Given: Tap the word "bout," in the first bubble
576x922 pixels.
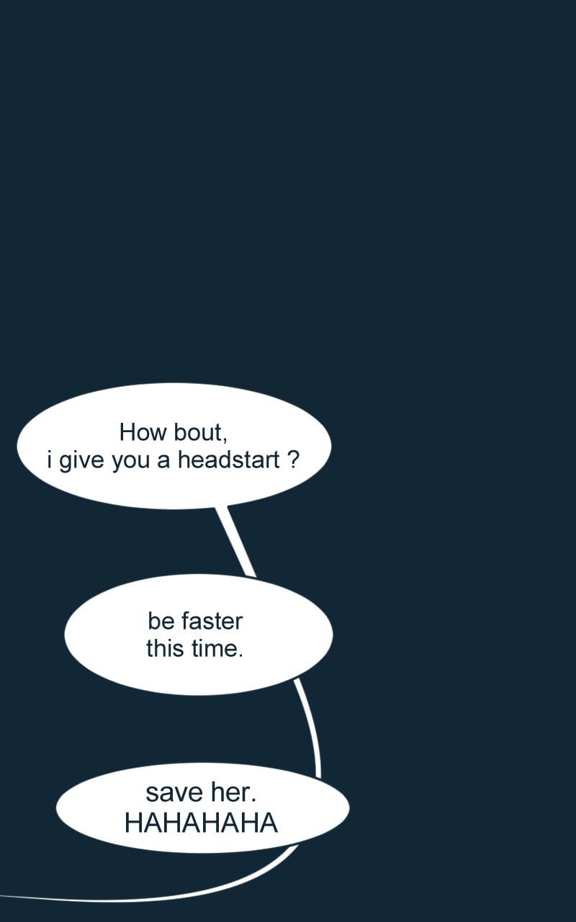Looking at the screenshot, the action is pos(201,434).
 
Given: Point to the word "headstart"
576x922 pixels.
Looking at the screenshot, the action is pos(229,460).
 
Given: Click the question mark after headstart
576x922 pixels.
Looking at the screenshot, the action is pos(292,460).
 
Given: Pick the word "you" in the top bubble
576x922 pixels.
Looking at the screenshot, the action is pos(130,462).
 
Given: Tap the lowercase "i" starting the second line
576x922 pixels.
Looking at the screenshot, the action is pos(50,460).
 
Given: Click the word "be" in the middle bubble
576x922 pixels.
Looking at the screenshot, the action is pos(161,621).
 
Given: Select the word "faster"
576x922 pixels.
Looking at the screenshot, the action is pos(212,621).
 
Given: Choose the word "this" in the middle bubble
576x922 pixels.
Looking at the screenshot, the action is pos(165,649).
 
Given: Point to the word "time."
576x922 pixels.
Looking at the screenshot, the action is pos(217,649).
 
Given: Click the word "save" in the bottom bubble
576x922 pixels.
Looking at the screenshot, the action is pos(174,793).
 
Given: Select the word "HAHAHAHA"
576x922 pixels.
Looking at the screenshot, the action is pos(201,823).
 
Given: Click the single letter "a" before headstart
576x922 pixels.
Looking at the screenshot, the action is pos(163,462).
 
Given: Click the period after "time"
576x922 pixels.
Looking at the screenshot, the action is pos(240,656).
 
